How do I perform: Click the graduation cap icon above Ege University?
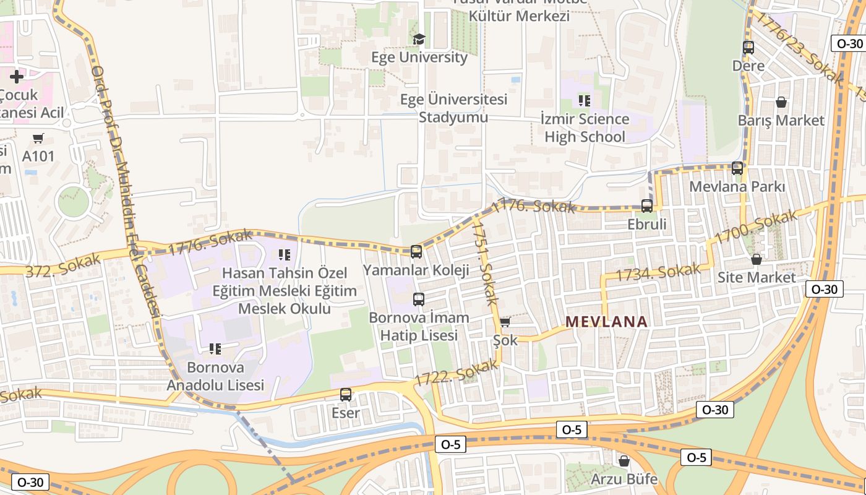click(419, 40)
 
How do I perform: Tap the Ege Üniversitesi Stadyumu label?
click(453, 108)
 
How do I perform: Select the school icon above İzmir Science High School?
click(584, 100)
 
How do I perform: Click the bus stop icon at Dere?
click(748, 47)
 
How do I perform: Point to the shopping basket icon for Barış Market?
click(781, 101)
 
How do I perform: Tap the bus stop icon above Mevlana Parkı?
click(737, 168)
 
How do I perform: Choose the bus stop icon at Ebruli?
click(647, 205)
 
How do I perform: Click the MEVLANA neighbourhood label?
click(606, 322)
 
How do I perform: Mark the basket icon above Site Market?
click(756, 259)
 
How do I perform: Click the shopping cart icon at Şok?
click(505, 322)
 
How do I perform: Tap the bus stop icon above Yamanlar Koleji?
click(416, 251)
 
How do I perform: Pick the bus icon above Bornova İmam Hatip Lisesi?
click(419, 299)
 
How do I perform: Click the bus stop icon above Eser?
click(346, 394)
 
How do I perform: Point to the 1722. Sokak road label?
click(457, 374)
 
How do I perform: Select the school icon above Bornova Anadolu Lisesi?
click(215, 349)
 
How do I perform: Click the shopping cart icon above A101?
click(38, 138)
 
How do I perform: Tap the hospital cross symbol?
click(17, 77)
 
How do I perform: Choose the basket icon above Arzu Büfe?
click(624, 460)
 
